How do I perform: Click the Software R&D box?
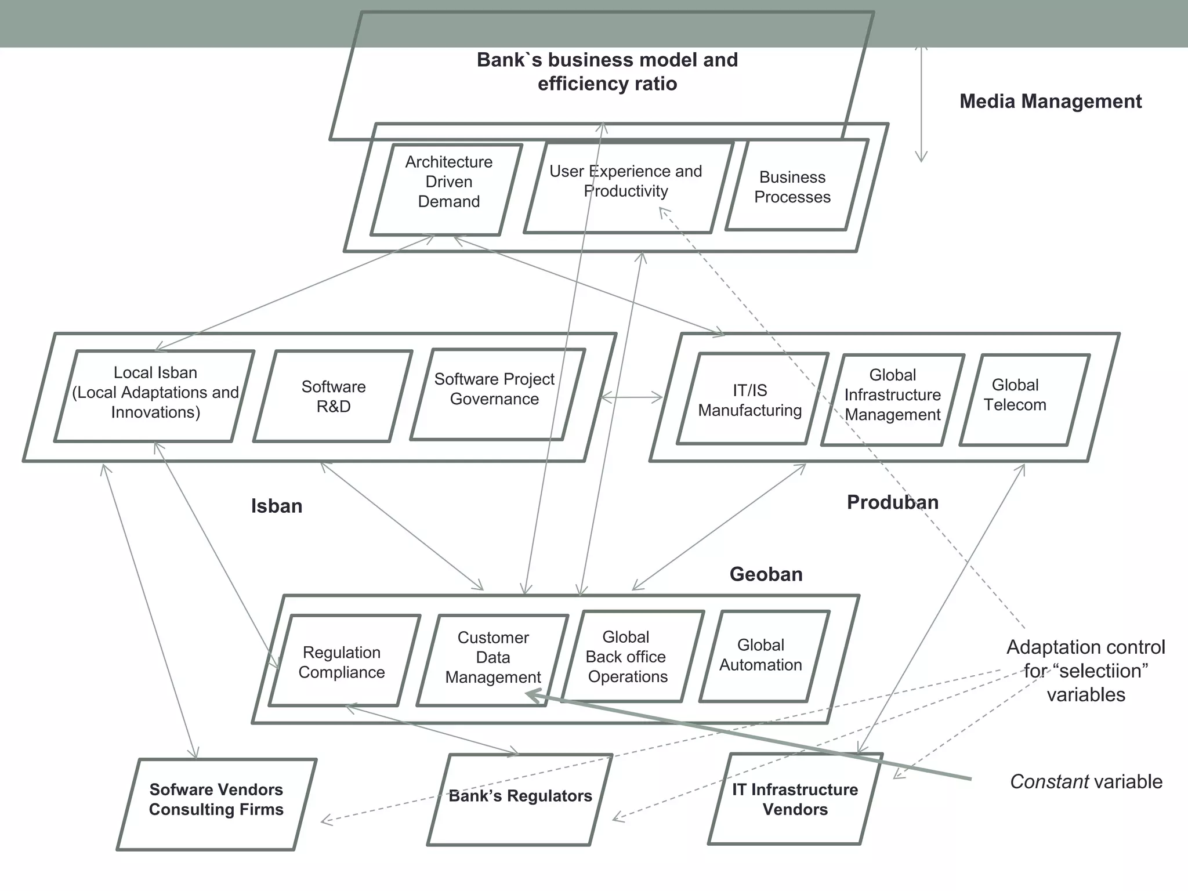pos(333,396)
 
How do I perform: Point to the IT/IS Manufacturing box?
pos(752,399)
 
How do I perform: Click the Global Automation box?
pos(763,655)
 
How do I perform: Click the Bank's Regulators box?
pos(520,798)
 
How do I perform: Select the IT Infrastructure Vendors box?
pos(795,799)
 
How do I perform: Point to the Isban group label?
pos(277,506)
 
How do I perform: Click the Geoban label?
pos(766,574)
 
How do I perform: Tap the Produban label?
pos(892,502)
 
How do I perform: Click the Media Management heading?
pos(1050,101)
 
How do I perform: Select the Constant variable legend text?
pos(1086,781)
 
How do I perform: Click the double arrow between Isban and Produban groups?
pos(632,397)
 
